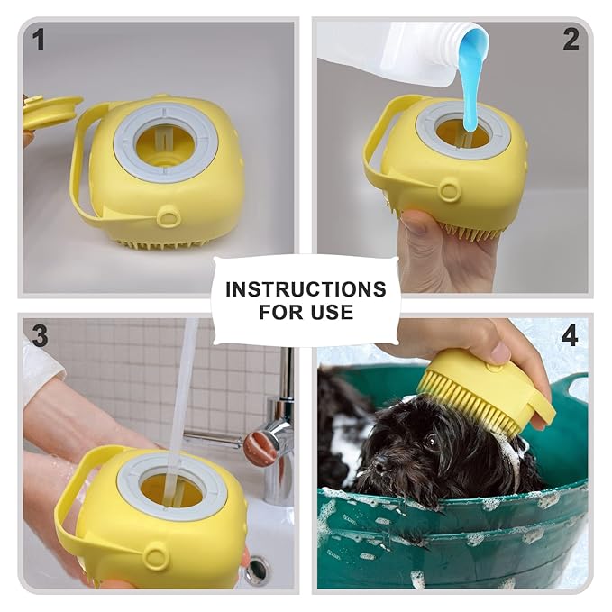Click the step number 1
click(39, 39)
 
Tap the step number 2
click(571, 39)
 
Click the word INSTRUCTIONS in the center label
click(306, 289)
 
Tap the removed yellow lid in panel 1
click(50, 111)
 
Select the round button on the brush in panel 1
click(168, 216)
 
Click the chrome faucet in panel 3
click(275, 433)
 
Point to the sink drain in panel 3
click(257, 570)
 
